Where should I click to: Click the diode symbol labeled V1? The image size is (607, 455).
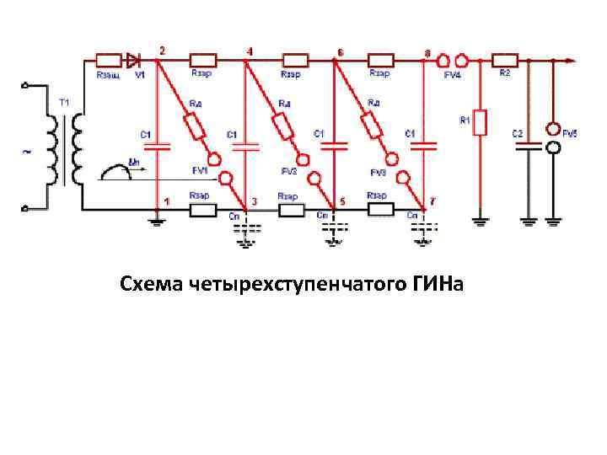pos(133,60)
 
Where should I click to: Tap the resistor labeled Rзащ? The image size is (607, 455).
pos(109,60)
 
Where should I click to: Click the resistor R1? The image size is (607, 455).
pos(480,123)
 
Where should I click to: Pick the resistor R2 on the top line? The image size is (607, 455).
pos(505,60)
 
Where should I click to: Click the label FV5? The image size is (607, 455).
pos(571,133)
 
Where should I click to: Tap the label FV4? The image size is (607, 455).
pos(452,76)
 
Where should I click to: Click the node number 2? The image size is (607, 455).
pos(162,51)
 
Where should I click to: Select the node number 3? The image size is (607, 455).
pos(255,202)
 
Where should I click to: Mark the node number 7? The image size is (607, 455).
pos(433,202)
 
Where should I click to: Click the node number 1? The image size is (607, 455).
pos(166,201)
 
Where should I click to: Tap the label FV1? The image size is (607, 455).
pos(201,170)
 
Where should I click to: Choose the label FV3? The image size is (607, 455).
pos(379,172)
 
